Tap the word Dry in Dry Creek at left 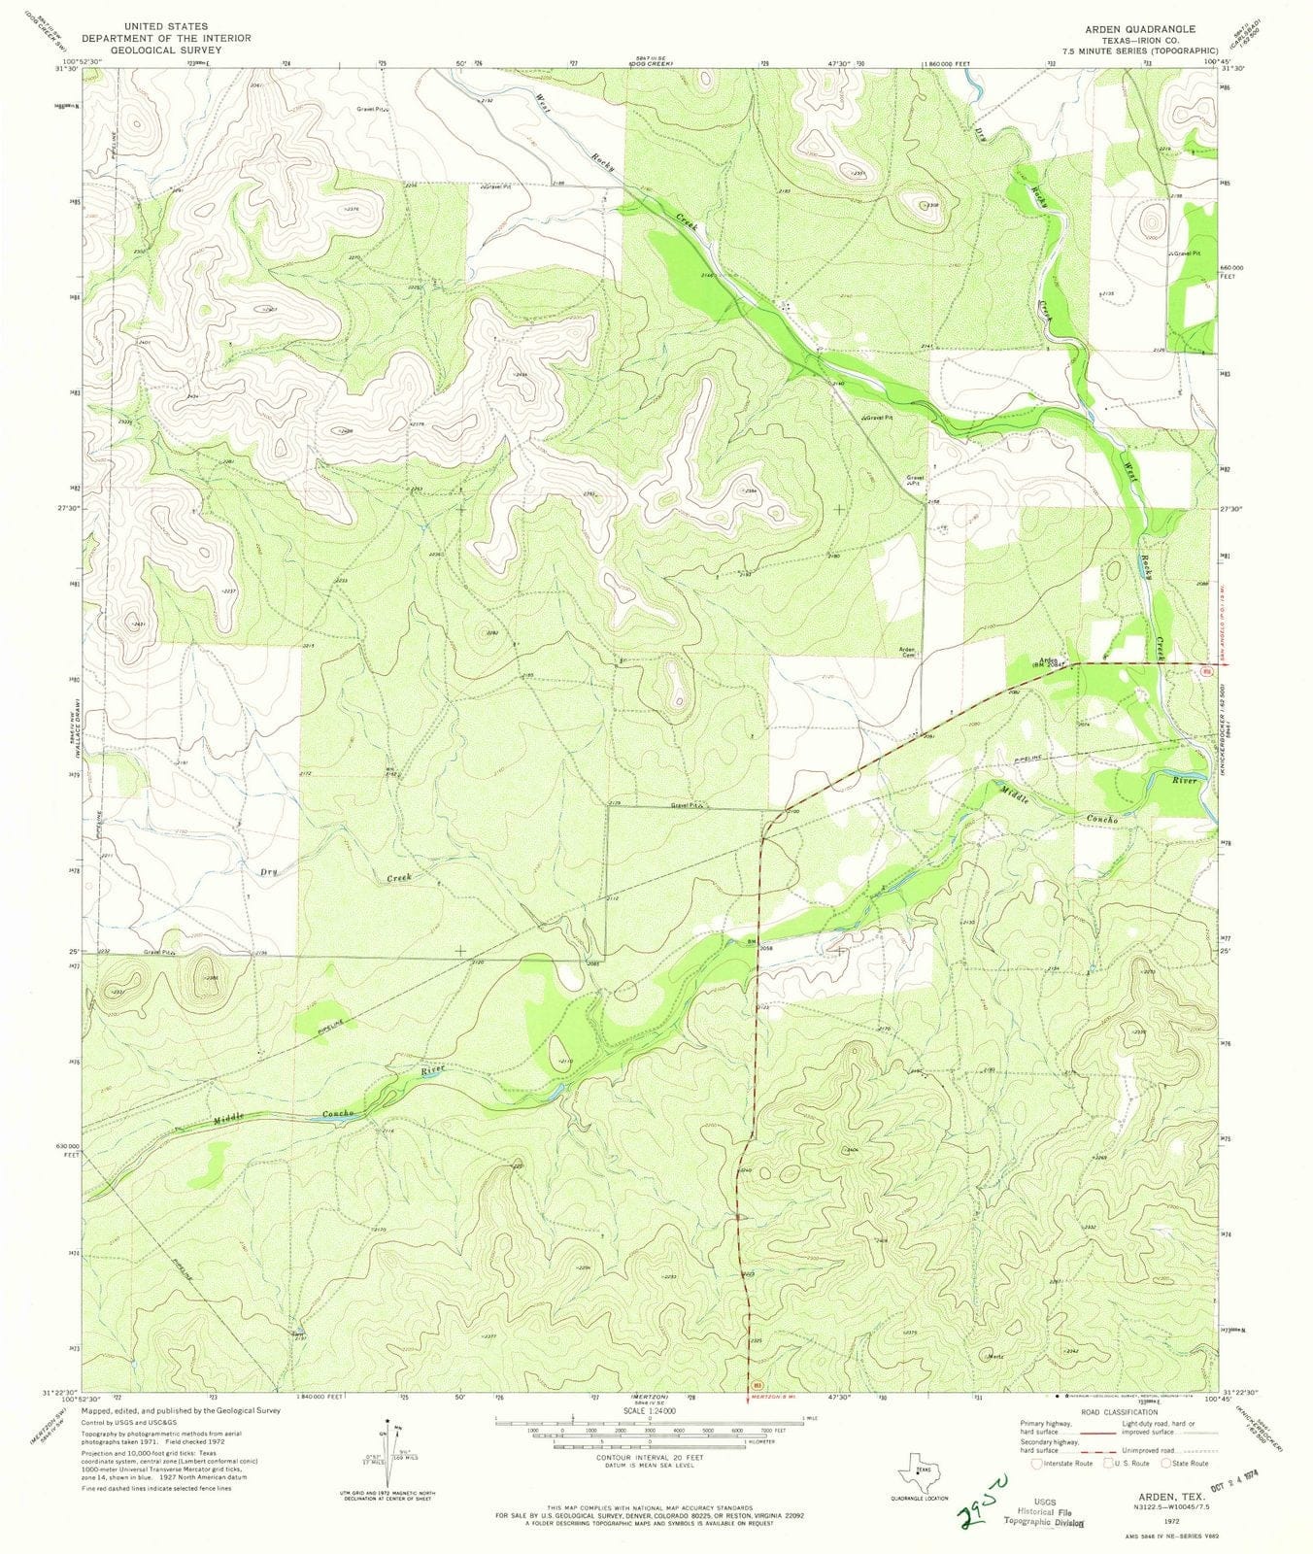pos(269,872)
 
